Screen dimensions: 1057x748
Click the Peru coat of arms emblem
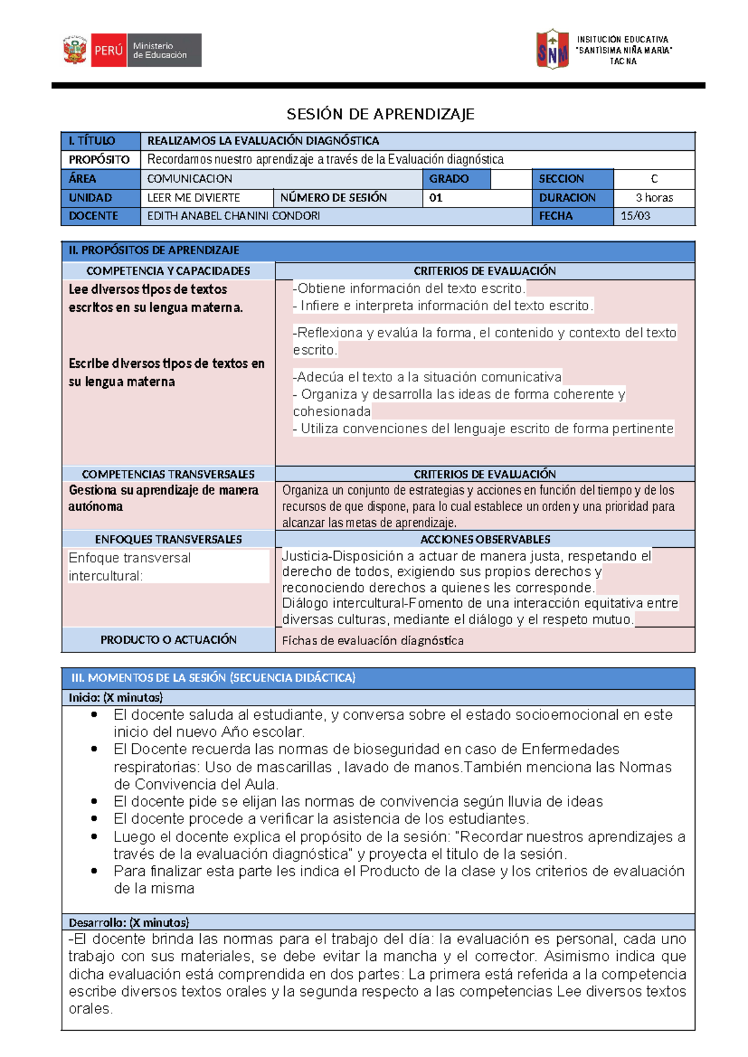pyautogui.click(x=75, y=50)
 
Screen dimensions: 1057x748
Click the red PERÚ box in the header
pyautogui.click(x=108, y=50)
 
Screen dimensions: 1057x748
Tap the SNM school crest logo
pyautogui.click(x=552, y=49)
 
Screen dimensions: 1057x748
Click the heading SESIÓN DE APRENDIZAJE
pyautogui.click(x=380, y=114)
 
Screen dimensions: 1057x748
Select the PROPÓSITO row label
pyautogui.click(x=99, y=160)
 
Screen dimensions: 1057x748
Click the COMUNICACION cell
pyautogui.click(x=189, y=179)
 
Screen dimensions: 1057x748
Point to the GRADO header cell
pyautogui.click(x=449, y=179)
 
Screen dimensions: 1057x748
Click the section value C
pyautogui.click(x=654, y=179)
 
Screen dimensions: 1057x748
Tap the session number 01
pyautogui.click(x=436, y=198)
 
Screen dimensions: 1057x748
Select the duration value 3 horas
pyautogui.click(x=654, y=198)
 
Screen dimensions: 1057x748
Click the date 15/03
pyautogui.click(x=635, y=216)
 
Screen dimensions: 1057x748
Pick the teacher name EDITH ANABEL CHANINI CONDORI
pyautogui.click(x=234, y=216)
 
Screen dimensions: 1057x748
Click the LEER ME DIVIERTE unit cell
pyautogui.click(x=193, y=198)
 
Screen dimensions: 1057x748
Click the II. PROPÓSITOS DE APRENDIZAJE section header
pyautogui.click(x=154, y=251)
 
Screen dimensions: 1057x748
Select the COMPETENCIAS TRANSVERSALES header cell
pyautogui.click(x=168, y=474)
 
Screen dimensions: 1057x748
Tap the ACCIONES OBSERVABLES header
pyautogui.click(x=485, y=540)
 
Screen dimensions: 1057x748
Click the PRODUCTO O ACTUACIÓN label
pyautogui.click(x=168, y=639)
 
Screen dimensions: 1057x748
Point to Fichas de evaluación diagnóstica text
pyautogui.click(x=373, y=641)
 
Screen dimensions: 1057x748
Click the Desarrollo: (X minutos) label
pyautogui.click(x=128, y=922)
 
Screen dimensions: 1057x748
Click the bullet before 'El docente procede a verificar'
pyautogui.click(x=94, y=819)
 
